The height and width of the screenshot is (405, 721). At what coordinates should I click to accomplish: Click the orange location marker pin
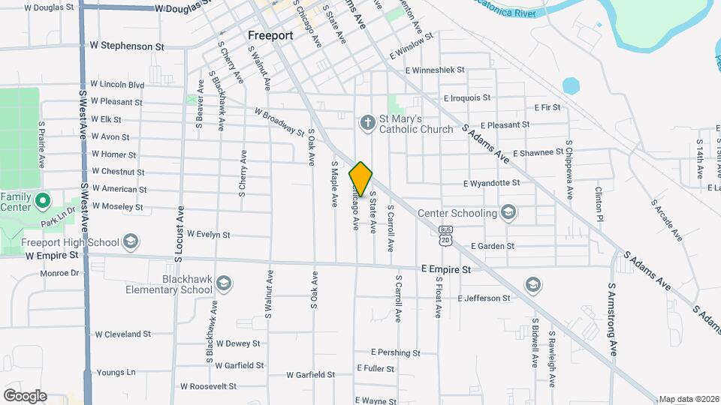click(361, 179)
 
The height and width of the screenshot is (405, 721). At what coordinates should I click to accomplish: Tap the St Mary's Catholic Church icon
click(367, 122)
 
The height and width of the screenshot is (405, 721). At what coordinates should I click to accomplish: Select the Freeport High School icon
click(131, 241)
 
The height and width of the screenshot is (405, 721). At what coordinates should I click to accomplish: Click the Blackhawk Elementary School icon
click(223, 283)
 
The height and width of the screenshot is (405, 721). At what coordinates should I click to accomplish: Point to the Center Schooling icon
click(509, 212)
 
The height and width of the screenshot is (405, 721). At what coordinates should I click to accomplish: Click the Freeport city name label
click(270, 35)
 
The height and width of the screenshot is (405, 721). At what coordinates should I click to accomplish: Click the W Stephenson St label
click(127, 46)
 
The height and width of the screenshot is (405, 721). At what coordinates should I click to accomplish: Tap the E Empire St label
click(445, 268)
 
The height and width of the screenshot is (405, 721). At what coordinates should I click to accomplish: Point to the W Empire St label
click(52, 255)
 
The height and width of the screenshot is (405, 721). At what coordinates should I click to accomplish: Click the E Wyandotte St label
click(492, 183)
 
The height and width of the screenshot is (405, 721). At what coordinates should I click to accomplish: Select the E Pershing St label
click(395, 352)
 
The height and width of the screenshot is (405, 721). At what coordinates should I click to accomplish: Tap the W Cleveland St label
click(122, 334)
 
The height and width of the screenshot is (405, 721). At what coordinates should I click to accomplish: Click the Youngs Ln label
click(116, 372)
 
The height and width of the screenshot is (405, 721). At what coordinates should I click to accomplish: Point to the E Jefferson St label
click(484, 298)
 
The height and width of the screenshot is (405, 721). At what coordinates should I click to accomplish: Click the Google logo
click(25, 395)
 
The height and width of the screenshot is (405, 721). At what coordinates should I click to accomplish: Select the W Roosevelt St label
click(208, 387)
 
